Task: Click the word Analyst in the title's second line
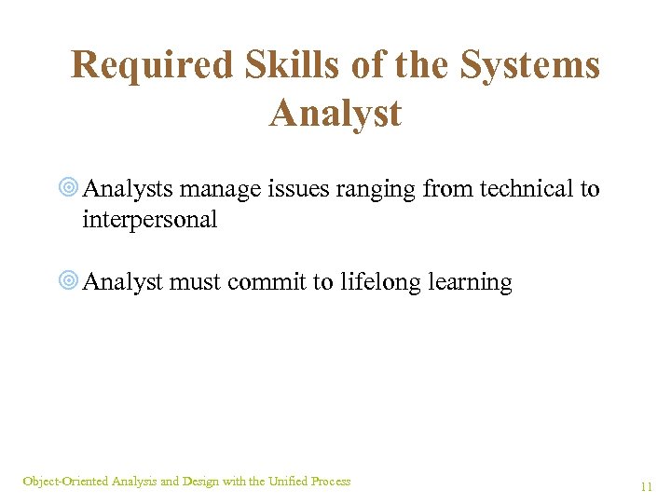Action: pos(335,114)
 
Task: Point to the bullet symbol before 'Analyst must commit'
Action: pos(68,282)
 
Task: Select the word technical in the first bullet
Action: pos(526,189)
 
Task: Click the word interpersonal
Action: pos(150,221)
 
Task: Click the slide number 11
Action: pos(646,487)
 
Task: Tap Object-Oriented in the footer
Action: pos(65,482)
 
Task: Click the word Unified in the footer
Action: pos(288,482)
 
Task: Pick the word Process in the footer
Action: pos(331,482)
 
